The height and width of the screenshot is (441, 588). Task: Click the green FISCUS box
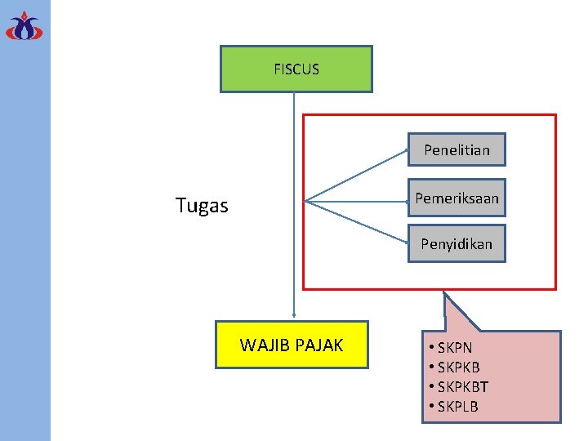[296, 69]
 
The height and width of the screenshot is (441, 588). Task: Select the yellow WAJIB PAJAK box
[292, 345]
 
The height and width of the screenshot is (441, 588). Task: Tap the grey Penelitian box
[457, 149]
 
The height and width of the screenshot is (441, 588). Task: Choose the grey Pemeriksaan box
[457, 198]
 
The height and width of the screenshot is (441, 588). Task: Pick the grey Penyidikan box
[457, 243]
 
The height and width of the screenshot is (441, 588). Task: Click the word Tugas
[202, 206]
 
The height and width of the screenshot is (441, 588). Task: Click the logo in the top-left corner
[24, 25]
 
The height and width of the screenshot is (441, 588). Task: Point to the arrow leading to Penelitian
[356, 176]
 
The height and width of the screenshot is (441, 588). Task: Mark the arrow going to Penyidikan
[356, 222]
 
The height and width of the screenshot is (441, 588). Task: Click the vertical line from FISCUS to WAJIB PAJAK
[294, 204]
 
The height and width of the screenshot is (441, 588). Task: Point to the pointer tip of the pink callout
[444, 293]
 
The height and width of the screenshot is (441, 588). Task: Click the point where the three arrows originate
[305, 200]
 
